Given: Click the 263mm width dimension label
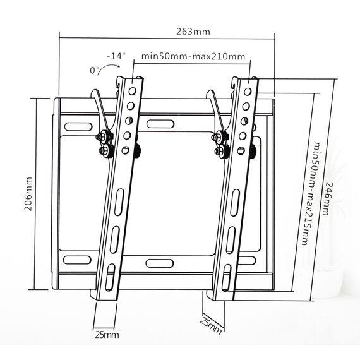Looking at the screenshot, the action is (193, 32).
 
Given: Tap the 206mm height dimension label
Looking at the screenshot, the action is (28, 194).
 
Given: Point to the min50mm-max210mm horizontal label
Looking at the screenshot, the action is (193, 56).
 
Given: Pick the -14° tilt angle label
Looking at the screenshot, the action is (116, 56).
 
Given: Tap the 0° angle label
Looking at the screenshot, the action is (94, 70).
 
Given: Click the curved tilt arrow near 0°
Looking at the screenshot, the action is (108, 68).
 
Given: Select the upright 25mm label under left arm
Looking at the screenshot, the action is (107, 335).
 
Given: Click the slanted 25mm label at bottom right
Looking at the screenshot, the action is (211, 325).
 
